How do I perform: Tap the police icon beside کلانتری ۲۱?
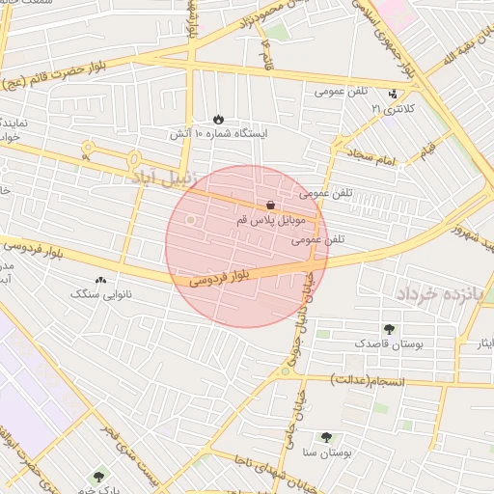pyautogui.click(x=393, y=95)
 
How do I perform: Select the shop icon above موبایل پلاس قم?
pyautogui.click(x=270, y=206)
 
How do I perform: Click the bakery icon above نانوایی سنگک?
pyautogui.click(x=101, y=280)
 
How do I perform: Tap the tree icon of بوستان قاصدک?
pyautogui.click(x=389, y=329)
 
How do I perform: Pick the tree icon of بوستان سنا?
pyautogui.click(x=325, y=437)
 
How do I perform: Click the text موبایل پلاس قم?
pyautogui.click(x=269, y=221)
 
